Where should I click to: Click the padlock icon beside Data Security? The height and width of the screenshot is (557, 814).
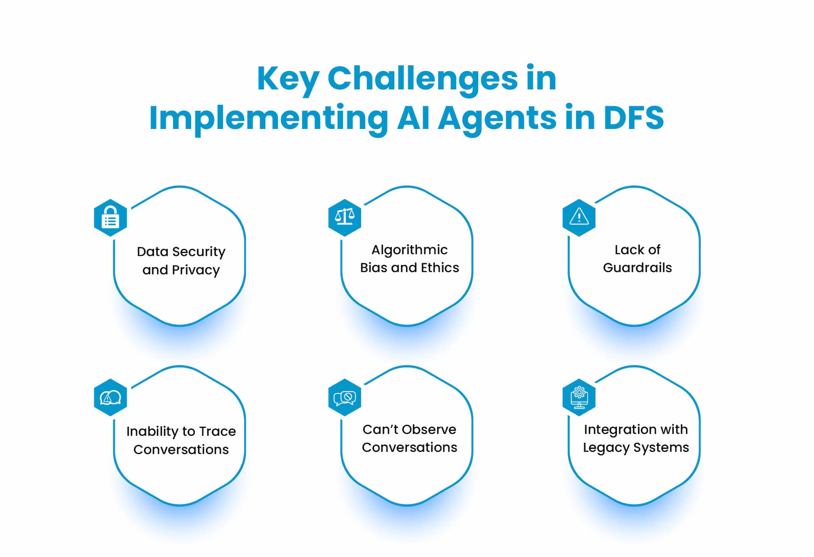click(x=110, y=218)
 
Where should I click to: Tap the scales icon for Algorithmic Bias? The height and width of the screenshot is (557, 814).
click(x=345, y=217)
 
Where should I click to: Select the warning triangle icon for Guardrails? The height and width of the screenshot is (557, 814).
click(x=579, y=217)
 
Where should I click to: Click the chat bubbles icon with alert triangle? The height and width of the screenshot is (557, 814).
click(x=110, y=397)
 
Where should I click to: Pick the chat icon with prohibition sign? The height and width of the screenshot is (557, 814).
click(x=345, y=397)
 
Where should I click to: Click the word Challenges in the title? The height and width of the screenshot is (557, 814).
click(x=422, y=79)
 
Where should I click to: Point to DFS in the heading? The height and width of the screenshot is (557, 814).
click(x=633, y=118)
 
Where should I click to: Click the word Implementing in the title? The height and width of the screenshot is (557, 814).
click(x=268, y=118)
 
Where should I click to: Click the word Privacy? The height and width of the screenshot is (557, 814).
click(x=196, y=270)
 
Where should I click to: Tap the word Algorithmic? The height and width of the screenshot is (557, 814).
click(x=409, y=250)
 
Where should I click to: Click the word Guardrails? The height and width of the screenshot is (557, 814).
click(x=637, y=268)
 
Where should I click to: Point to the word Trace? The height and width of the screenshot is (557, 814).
click(x=217, y=431)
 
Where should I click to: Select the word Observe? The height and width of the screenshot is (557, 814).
click(x=429, y=430)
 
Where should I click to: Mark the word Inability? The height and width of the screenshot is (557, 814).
click(x=152, y=431)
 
